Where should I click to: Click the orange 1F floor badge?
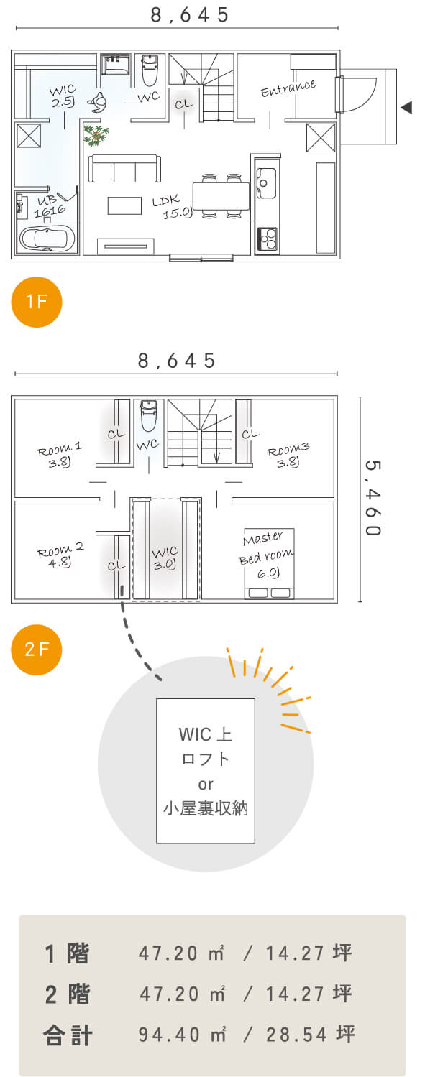(x=37, y=302)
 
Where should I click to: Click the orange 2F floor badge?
(x=37, y=650)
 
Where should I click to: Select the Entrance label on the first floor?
(x=288, y=88)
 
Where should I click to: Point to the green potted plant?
(x=96, y=134)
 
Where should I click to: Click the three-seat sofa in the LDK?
(x=124, y=168)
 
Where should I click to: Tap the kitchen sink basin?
(x=265, y=182)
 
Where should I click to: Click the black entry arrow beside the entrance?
(x=407, y=107)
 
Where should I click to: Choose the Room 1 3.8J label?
(x=60, y=456)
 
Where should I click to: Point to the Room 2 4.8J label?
(x=60, y=555)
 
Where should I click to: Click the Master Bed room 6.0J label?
(x=266, y=555)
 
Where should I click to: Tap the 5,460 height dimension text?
(x=373, y=498)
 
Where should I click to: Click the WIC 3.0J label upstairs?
(x=165, y=558)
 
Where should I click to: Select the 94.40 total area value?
(x=169, y=1034)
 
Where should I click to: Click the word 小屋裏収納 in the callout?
(x=206, y=808)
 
